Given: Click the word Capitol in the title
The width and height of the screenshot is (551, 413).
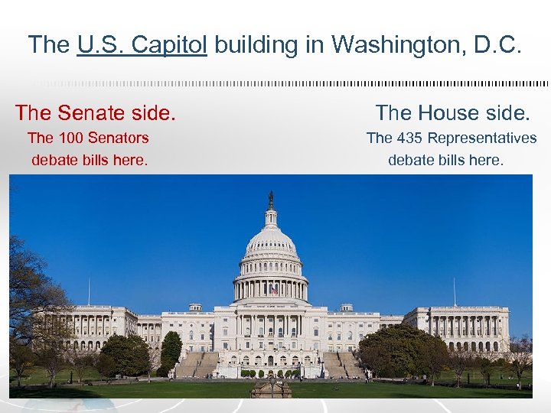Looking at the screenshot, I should coord(169,44).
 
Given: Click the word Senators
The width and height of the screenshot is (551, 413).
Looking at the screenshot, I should coord(119,138).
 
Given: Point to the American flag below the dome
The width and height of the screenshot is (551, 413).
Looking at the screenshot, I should coord(274,290).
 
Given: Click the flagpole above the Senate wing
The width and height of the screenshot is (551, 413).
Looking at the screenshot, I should coord(89,291).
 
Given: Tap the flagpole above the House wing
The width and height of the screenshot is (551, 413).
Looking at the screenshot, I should coord(454,291).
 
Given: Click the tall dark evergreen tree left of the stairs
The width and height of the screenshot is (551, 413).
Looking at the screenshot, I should coord(171,350).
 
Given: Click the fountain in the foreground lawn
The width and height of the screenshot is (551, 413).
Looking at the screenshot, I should coord(271,389).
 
